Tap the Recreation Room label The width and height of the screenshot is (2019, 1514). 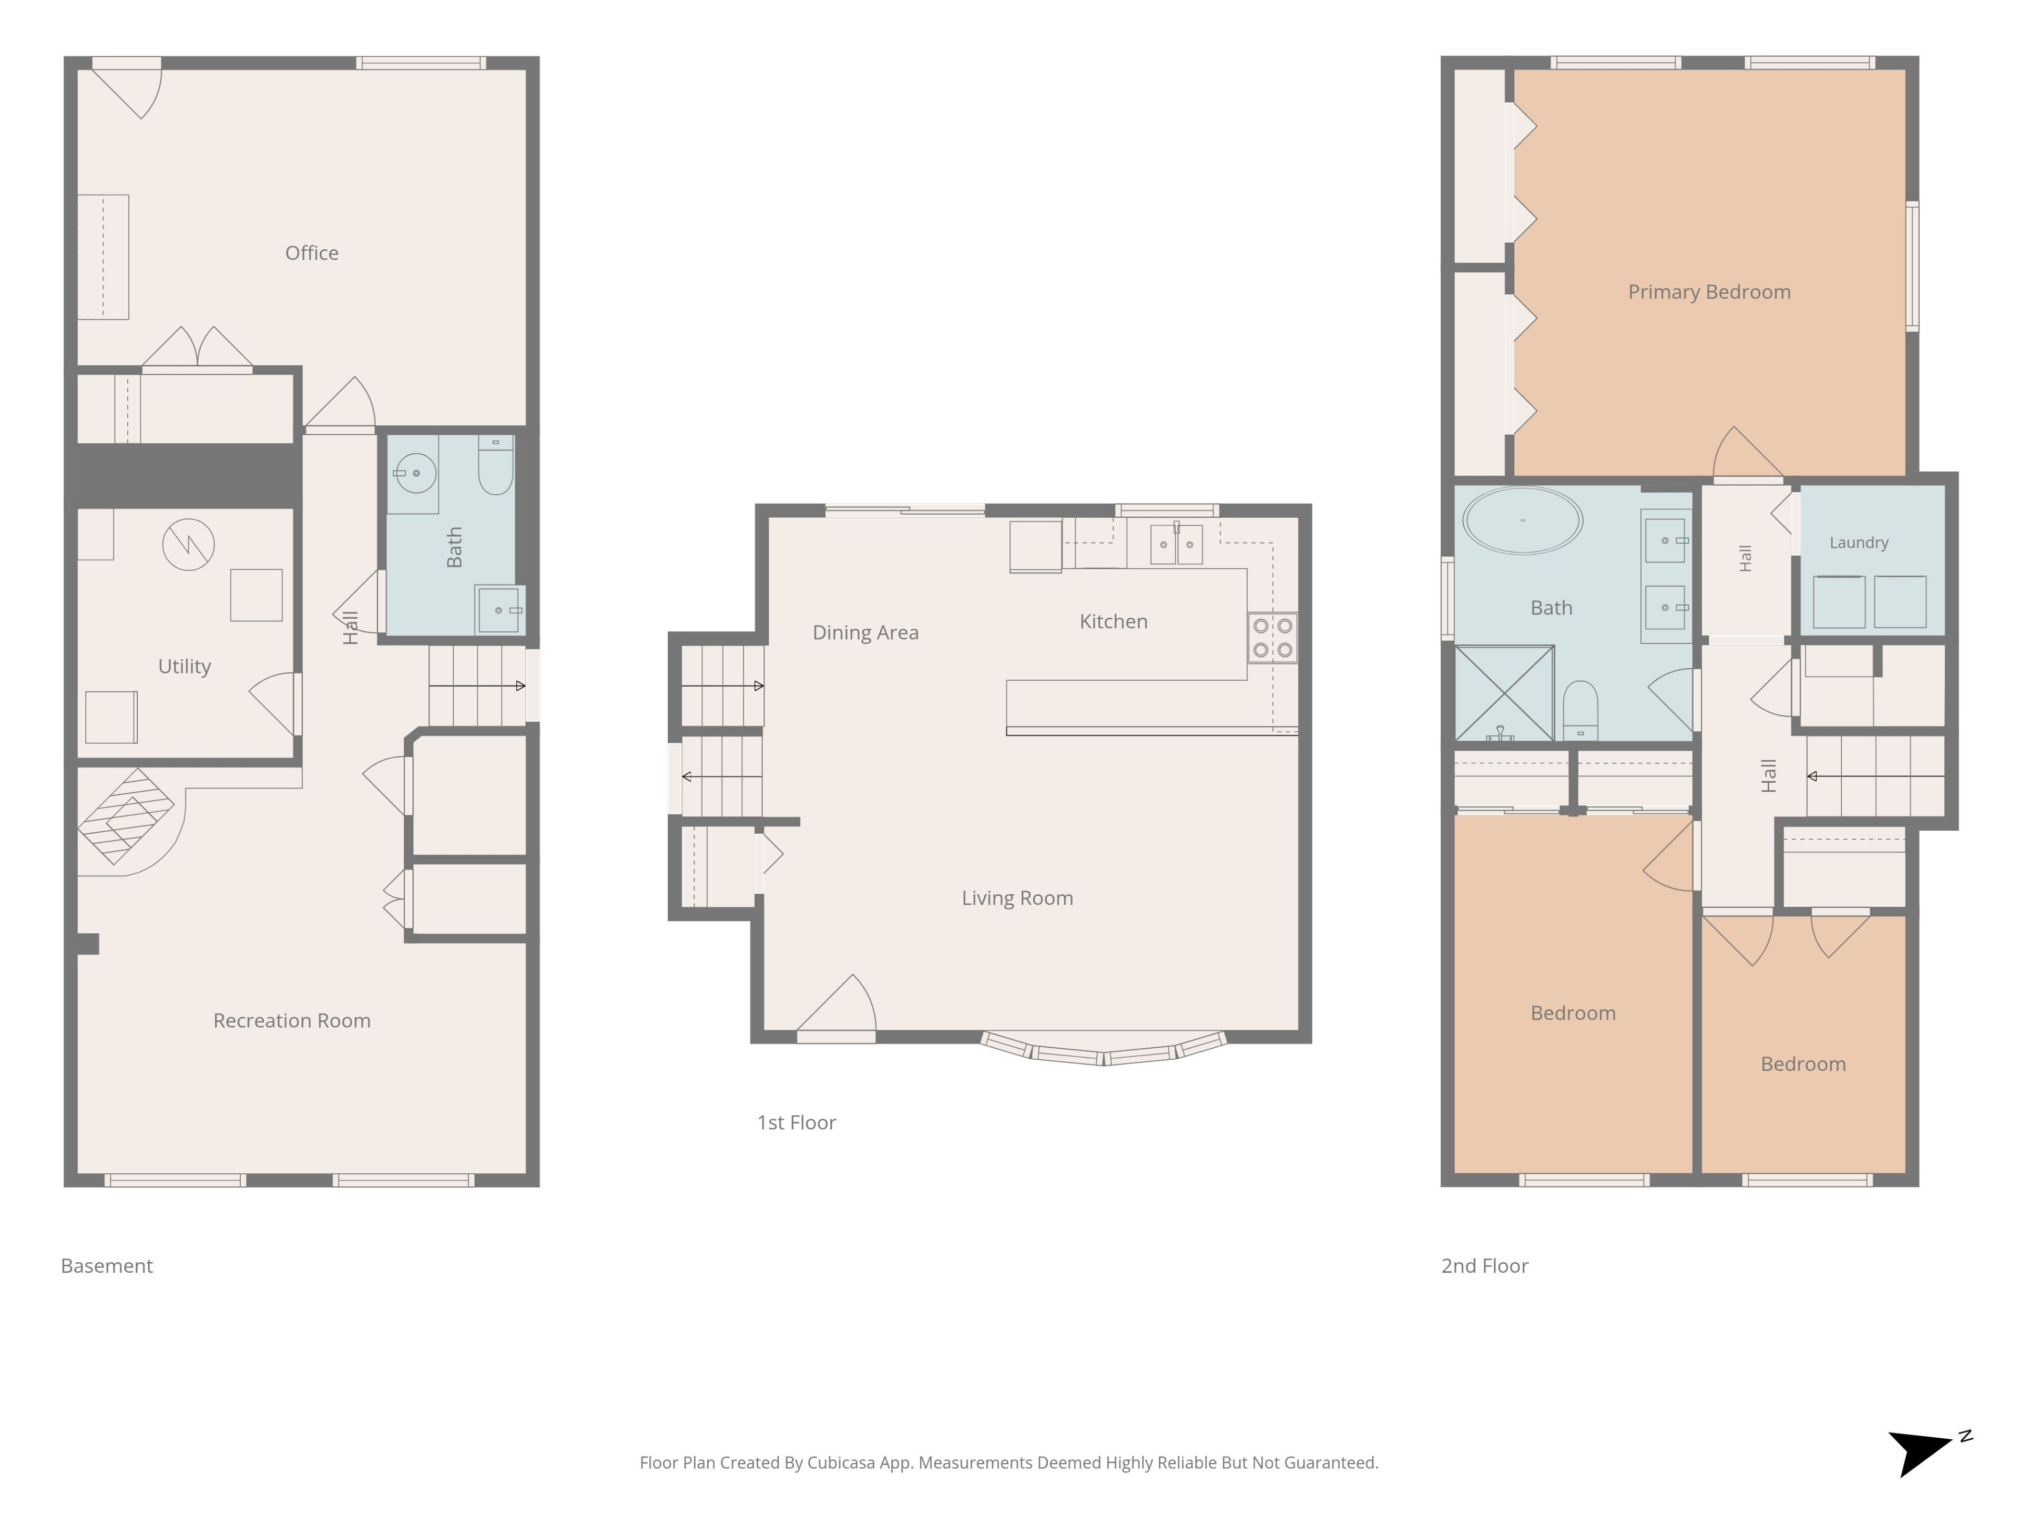click(x=292, y=1020)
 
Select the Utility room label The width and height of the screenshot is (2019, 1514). click(x=185, y=666)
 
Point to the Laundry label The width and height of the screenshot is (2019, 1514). click(x=1858, y=542)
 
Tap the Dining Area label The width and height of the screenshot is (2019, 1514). click(x=865, y=632)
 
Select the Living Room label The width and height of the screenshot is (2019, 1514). click(x=1017, y=898)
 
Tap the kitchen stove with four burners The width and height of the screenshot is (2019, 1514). click(x=1272, y=638)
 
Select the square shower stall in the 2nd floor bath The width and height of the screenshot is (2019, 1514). click(x=1504, y=693)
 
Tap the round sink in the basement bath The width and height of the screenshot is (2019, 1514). click(x=415, y=473)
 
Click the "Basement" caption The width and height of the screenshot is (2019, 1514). click(x=107, y=1266)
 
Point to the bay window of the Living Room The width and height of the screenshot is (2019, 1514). click(x=1104, y=1051)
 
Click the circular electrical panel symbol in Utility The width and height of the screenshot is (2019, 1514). click(x=188, y=545)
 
